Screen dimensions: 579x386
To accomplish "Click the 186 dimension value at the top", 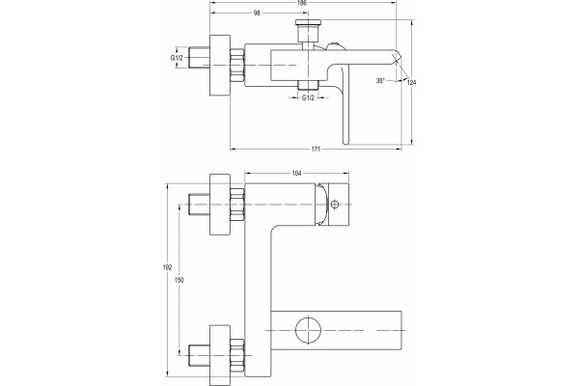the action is (302, 2).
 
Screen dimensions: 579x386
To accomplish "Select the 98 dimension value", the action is (257, 13).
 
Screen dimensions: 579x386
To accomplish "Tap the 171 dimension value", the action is (316, 150).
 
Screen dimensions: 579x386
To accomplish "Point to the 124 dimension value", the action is (411, 82).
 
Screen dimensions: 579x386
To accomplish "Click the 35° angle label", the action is (380, 80).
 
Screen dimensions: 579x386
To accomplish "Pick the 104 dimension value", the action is (297, 173).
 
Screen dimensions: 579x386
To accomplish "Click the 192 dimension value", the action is (167, 267).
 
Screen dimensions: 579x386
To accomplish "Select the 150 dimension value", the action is (179, 280).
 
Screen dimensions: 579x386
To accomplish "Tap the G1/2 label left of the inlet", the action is (177, 58).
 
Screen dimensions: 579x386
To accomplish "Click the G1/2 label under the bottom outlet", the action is (308, 97).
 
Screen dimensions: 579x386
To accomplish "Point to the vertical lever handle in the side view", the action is (345, 105).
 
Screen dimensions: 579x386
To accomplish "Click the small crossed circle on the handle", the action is (335, 204).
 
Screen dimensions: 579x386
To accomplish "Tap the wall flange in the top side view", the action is (220, 66).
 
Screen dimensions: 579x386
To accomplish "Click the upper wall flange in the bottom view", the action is (220, 205).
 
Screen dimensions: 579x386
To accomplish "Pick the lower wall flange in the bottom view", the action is (220, 355).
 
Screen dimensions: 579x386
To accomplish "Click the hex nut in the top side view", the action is (237, 66).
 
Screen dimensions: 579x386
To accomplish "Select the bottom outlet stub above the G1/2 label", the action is (308, 85).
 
